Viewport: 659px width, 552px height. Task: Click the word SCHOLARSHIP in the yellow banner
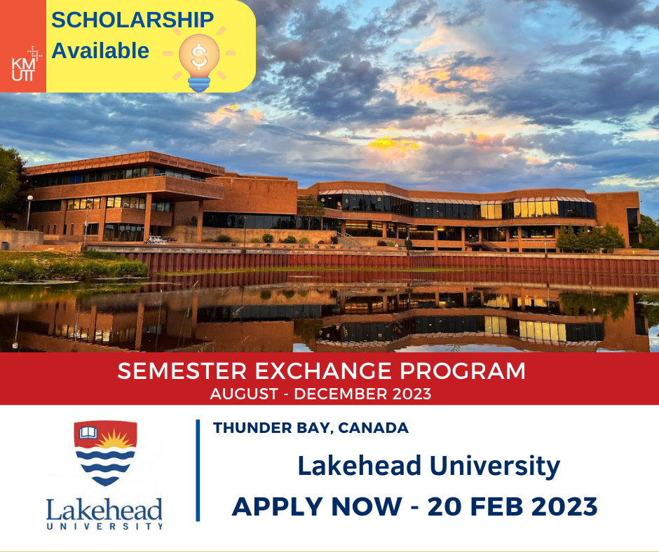[133, 20]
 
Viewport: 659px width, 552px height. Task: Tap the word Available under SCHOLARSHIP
[100, 51]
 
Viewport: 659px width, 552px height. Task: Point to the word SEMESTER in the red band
[182, 371]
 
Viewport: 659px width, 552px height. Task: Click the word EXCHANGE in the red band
[322, 371]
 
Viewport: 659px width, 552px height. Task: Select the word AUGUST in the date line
[244, 394]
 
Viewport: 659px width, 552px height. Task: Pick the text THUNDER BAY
[273, 427]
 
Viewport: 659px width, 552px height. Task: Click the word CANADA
[373, 427]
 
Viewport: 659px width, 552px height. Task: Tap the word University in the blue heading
[495, 467]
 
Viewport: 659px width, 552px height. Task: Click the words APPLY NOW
[317, 506]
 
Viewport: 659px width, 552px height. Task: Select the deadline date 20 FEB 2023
[512, 506]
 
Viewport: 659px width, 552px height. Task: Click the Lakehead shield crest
[105, 453]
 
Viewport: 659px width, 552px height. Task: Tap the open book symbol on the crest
[88, 432]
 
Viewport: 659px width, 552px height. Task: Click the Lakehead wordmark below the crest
[104, 513]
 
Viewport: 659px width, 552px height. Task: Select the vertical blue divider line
[198, 471]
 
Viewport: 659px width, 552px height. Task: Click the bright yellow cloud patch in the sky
[393, 144]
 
